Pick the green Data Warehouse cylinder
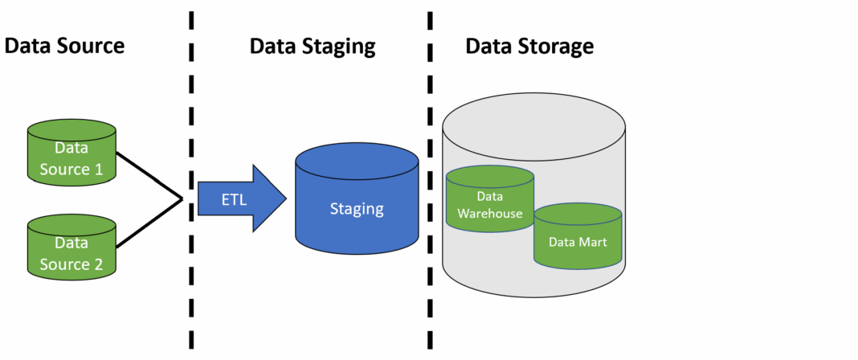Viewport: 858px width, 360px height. pyautogui.click(x=489, y=201)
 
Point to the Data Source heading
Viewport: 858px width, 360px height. pyautogui.click(x=65, y=46)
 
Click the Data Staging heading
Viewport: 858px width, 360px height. pyautogui.click(x=312, y=46)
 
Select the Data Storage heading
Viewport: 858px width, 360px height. pyautogui.click(x=529, y=46)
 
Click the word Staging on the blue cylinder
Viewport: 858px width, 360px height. pyautogui.click(x=357, y=210)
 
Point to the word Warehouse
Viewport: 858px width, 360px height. pyautogui.click(x=489, y=214)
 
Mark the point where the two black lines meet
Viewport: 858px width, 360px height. pyautogui.click(x=182, y=198)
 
